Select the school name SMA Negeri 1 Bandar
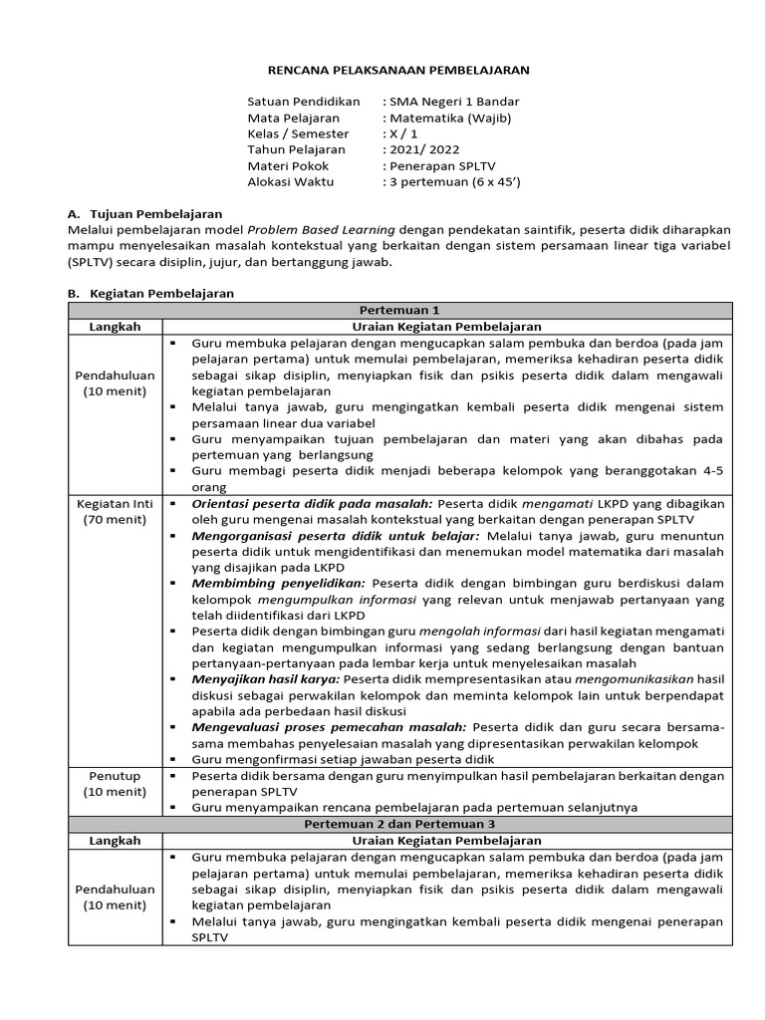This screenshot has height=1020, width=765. (x=454, y=102)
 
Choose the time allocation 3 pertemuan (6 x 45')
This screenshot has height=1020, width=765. (x=455, y=181)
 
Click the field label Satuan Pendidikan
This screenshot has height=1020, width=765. (x=303, y=102)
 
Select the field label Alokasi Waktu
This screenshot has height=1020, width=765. (x=291, y=181)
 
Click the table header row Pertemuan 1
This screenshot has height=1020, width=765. (x=398, y=310)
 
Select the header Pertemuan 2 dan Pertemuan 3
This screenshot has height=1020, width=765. (x=398, y=824)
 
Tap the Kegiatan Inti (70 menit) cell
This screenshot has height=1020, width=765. (x=115, y=512)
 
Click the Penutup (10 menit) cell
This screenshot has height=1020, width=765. (x=115, y=783)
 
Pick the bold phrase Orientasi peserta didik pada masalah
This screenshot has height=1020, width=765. (x=312, y=504)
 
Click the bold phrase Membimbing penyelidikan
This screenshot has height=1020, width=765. (x=279, y=583)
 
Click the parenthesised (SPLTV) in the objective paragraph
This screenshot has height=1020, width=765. (x=92, y=262)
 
